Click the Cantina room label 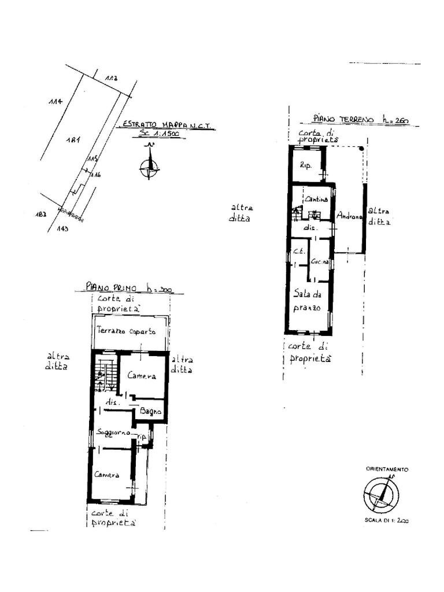[x=316, y=199]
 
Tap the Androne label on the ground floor [x=350, y=217]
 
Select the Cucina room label [x=320, y=262]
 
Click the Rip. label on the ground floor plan [x=306, y=165]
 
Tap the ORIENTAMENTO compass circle [x=381, y=495]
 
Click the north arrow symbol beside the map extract [x=150, y=165]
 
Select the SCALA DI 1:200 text [x=386, y=520]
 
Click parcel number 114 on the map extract [x=55, y=102]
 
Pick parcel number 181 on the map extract [x=72, y=140]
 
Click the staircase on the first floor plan [x=105, y=373]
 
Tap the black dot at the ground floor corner [x=361, y=149]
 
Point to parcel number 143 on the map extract [x=64, y=228]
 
